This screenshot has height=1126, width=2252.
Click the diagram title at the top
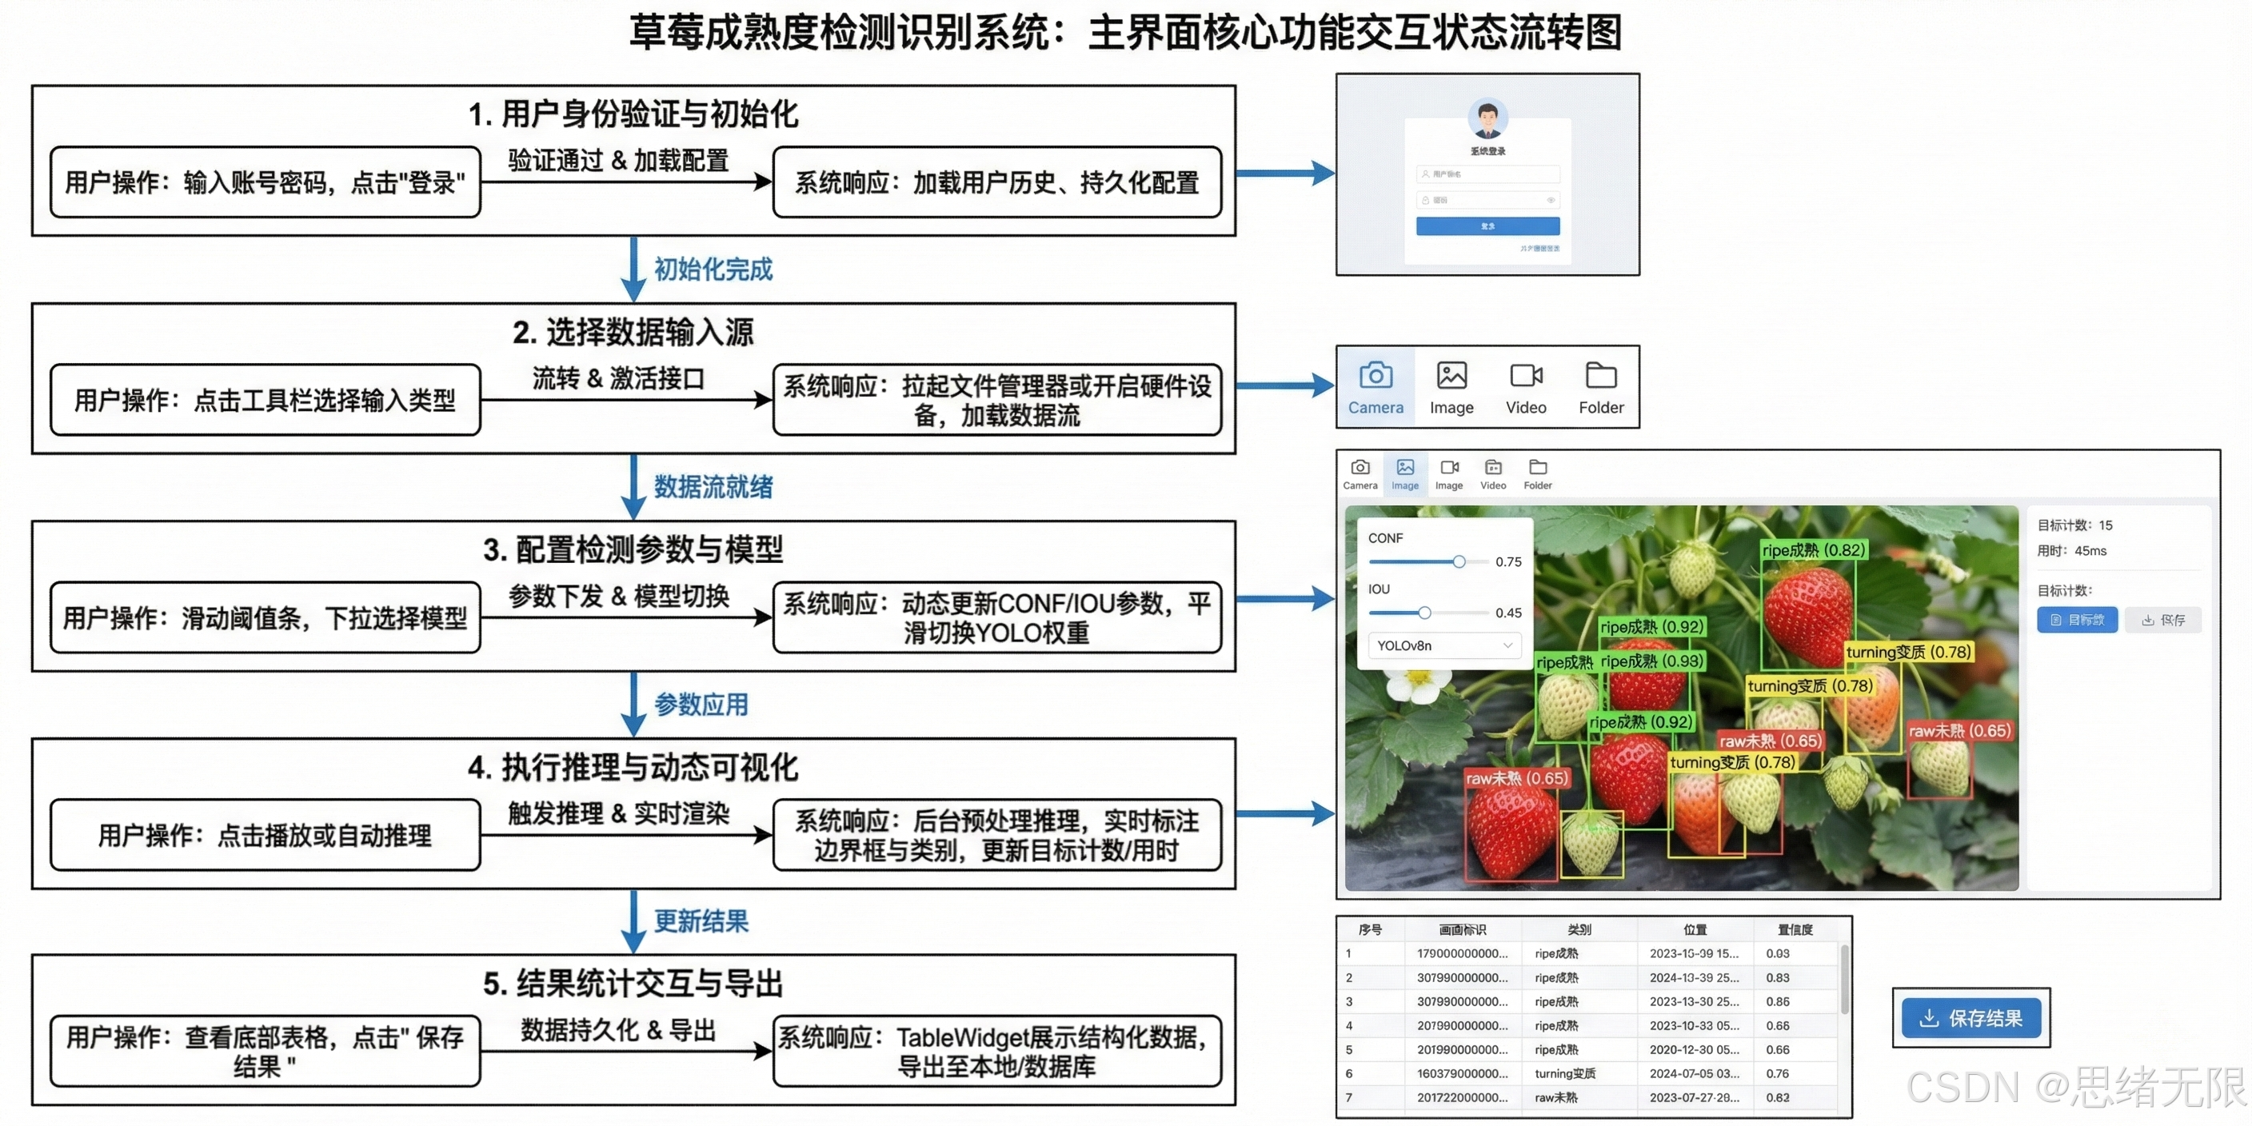[1125, 34]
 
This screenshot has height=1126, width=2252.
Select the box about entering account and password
[265, 182]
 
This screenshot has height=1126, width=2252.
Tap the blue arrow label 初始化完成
[713, 270]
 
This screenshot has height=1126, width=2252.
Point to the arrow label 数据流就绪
[713, 487]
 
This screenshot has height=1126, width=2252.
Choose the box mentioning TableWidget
[996, 1051]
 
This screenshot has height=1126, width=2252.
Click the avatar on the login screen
[1487, 118]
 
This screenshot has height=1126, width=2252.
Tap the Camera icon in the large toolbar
[1376, 376]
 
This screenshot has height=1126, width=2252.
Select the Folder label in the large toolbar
[1601, 407]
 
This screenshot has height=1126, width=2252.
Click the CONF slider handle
[1459, 561]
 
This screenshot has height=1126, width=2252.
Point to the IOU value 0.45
[1508, 613]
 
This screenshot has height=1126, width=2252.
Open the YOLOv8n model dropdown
[1443, 645]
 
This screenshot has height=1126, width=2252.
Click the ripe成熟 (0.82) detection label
[1813, 550]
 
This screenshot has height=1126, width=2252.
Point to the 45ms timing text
[2090, 551]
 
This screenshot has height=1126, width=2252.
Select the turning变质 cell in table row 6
[1565, 1073]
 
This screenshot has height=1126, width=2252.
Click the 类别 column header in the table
[1579, 929]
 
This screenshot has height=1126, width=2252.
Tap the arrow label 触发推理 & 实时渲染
[618, 813]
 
